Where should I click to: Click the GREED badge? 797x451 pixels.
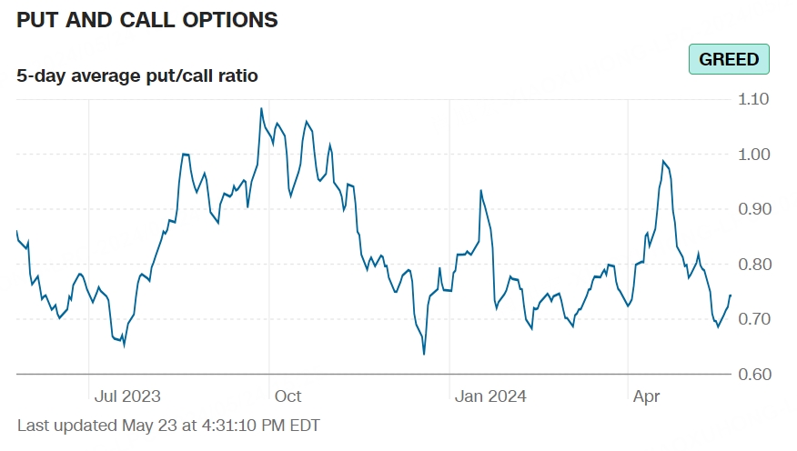(x=729, y=59)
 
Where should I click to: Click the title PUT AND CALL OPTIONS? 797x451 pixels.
(x=147, y=19)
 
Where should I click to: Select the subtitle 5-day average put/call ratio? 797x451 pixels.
(x=137, y=75)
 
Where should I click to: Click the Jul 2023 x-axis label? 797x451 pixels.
(x=127, y=396)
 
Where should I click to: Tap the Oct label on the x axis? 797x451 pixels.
(x=288, y=396)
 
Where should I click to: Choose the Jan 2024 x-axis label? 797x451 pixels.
(x=490, y=396)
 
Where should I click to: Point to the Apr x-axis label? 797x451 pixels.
(x=646, y=396)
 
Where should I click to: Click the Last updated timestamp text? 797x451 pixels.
(x=168, y=425)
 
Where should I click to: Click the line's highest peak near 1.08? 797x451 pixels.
(x=261, y=108)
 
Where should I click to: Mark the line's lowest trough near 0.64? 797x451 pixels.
(x=424, y=354)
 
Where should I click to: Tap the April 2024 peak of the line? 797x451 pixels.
(x=664, y=161)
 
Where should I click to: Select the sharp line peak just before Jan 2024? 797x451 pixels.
(x=480, y=190)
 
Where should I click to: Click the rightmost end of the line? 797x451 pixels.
(x=731, y=295)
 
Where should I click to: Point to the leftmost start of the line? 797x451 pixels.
(x=16, y=232)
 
